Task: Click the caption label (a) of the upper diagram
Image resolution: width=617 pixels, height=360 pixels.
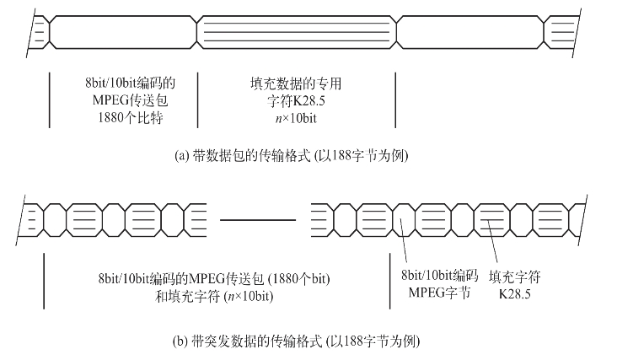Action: (180, 155)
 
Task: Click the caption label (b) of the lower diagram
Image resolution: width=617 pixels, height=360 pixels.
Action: (180, 343)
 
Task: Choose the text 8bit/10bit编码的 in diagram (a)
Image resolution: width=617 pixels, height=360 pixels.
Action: (124, 83)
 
